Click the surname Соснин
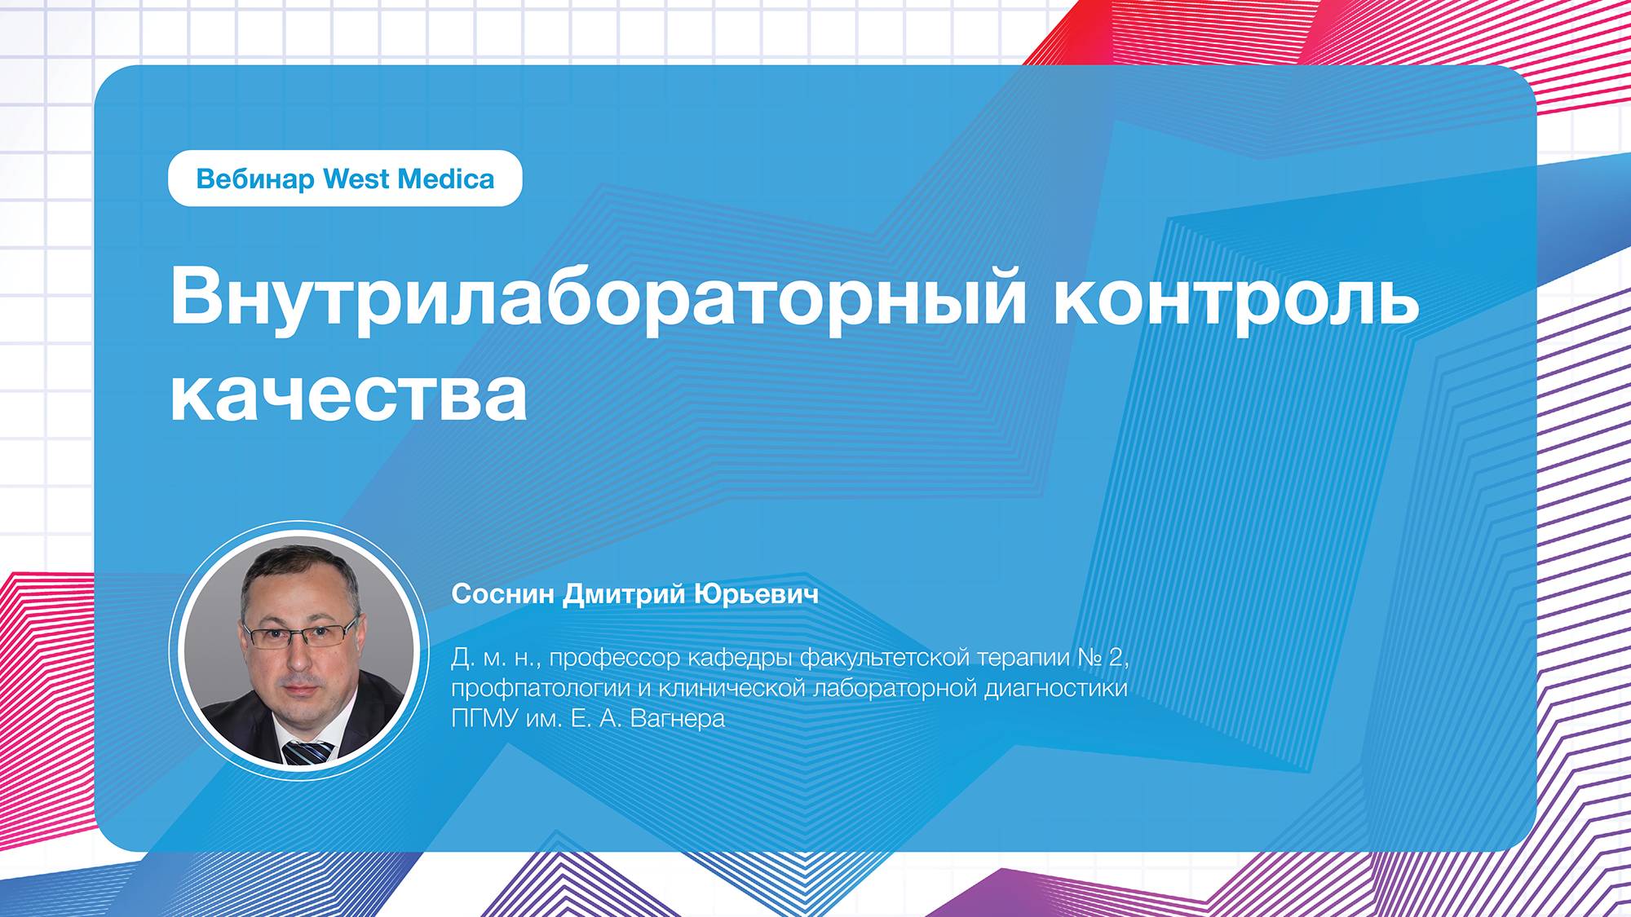point(503,594)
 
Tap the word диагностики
point(1056,689)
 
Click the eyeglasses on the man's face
point(300,633)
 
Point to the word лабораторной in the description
point(896,689)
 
